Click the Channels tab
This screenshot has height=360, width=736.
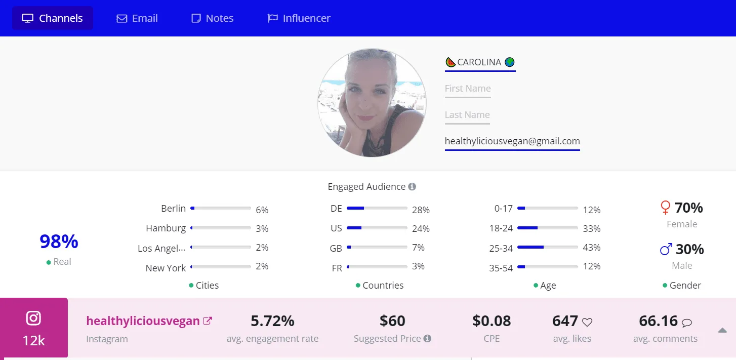point(53,18)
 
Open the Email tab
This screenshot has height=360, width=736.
point(137,18)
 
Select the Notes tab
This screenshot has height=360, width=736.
point(213,18)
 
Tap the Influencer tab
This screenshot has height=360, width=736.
point(299,18)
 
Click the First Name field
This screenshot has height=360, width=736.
point(468,89)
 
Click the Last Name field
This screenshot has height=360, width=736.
point(467,115)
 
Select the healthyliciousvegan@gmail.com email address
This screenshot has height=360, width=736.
point(512,141)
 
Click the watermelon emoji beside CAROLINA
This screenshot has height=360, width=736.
point(451,62)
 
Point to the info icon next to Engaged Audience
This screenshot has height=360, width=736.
point(412,187)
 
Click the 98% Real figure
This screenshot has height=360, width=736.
point(59,242)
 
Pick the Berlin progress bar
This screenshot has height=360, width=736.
point(221,208)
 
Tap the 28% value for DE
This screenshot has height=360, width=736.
point(421,210)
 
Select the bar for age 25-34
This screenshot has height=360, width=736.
point(548,247)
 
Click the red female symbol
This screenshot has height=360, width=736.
point(666,208)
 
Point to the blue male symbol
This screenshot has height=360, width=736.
point(666,249)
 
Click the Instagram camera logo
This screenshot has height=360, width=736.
point(34,318)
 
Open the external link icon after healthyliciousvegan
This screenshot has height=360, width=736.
point(208,321)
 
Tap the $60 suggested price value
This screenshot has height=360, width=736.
point(392,321)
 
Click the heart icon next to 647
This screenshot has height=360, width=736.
point(587,322)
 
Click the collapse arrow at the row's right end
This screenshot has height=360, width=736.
point(722,331)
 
